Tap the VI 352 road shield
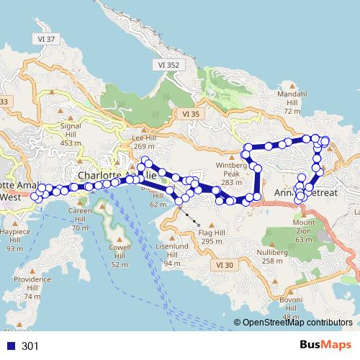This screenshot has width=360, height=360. click(168, 65)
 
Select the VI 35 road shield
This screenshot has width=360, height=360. click(191, 114)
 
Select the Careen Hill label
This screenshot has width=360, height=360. click(80, 219)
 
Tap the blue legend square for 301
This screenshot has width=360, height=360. click(11, 346)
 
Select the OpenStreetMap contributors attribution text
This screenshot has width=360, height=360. click(297, 323)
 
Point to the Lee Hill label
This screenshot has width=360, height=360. click(144, 140)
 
